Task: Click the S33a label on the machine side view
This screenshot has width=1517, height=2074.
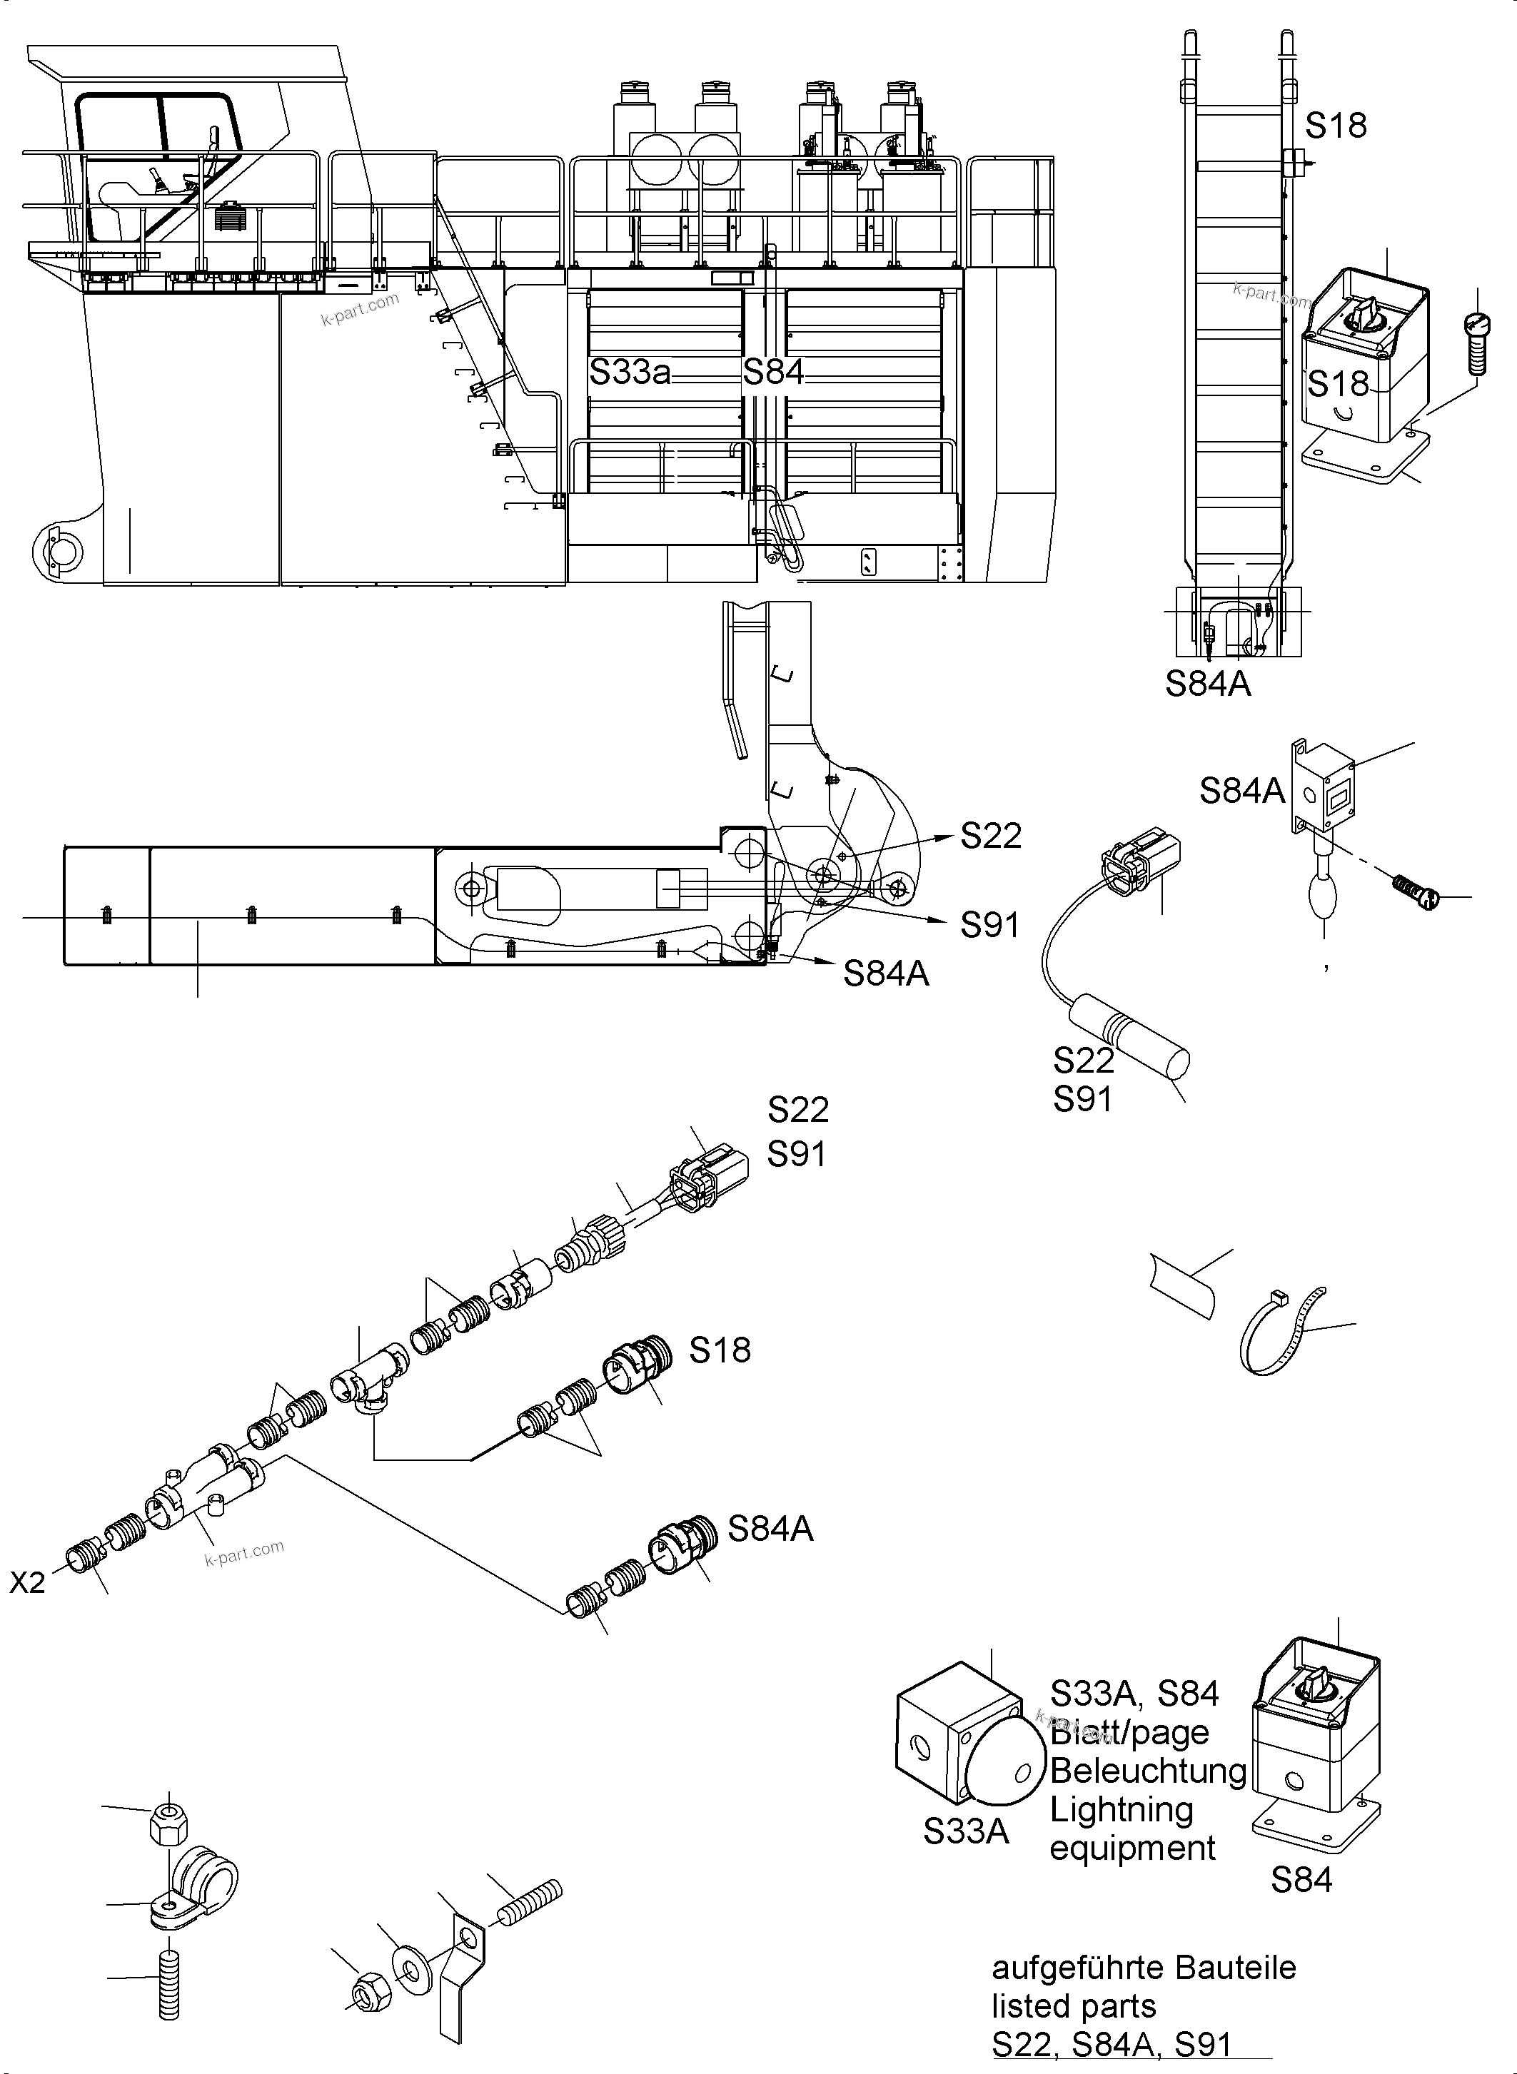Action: pos(630,373)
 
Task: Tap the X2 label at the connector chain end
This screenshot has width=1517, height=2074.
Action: pos(28,1583)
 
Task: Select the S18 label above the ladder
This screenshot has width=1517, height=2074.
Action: pos(1336,126)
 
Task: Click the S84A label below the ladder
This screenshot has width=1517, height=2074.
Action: pos(1208,684)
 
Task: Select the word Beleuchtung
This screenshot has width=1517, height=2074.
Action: pos(1148,1771)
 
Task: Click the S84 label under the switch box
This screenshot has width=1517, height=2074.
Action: pos(1301,1881)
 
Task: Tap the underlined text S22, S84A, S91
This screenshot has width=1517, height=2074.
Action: pos(1110,2045)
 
